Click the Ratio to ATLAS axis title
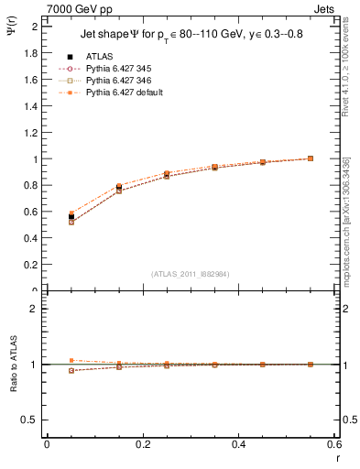[x=14, y=365]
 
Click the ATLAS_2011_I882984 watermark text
[x=190, y=273]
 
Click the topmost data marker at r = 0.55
[x=311, y=158]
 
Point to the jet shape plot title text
[x=191, y=37]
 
